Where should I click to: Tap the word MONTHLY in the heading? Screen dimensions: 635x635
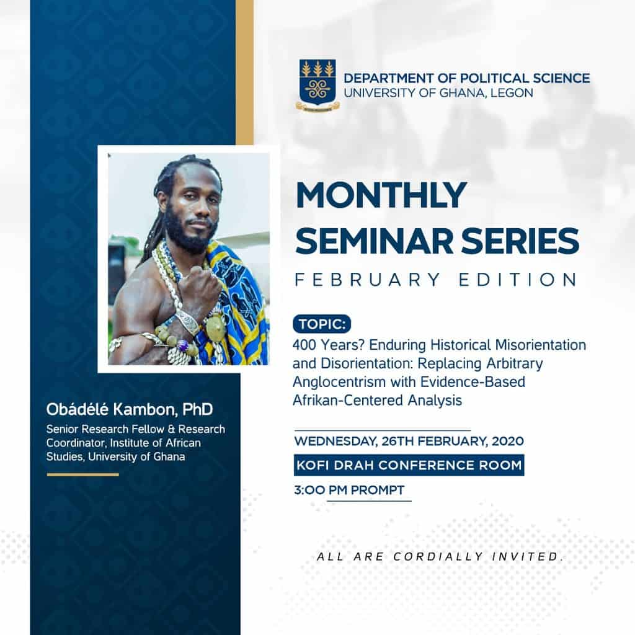coord(381,195)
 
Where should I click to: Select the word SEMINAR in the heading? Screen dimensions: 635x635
coord(374,241)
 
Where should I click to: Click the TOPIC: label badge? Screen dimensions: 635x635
coord(322,324)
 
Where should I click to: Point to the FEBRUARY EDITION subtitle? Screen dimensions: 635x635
coord(436,280)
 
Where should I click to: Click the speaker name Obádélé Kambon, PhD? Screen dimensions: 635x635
coord(129,409)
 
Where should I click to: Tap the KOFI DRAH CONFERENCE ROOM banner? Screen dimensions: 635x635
coord(409,465)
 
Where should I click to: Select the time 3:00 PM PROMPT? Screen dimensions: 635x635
coord(349,490)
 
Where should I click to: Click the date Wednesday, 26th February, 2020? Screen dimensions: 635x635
coord(409,441)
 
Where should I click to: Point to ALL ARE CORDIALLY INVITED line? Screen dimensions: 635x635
coord(440,556)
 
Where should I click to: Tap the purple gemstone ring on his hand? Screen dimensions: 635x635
coord(183,345)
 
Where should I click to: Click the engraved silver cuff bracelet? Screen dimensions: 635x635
coord(187,322)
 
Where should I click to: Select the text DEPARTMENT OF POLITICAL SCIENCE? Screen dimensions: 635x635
coord(466,78)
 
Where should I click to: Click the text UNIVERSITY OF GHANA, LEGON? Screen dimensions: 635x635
coord(438,93)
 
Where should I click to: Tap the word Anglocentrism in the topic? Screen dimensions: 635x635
coord(339,382)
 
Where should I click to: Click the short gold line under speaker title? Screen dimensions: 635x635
coord(82,474)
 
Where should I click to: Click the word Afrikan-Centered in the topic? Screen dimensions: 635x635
coord(349,400)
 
